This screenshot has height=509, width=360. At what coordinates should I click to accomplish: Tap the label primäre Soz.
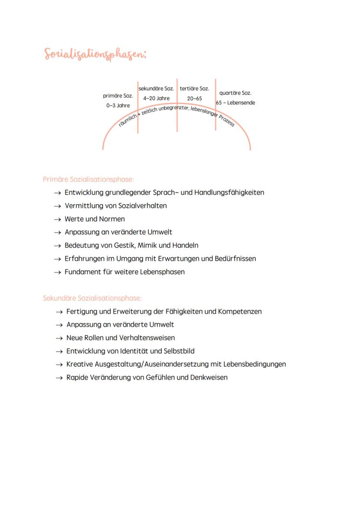pyautogui.click(x=118, y=96)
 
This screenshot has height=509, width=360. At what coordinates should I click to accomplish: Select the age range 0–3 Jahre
pyautogui.click(x=118, y=106)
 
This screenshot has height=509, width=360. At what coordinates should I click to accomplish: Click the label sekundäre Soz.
pyautogui.click(x=156, y=88)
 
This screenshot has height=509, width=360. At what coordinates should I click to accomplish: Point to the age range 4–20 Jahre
pyautogui.click(x=156, y=98)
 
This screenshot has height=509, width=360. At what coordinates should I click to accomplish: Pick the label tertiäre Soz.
pyautogui.click(x=194, y=88)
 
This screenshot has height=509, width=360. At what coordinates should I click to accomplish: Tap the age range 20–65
pyautogui.click(x=194, y=99)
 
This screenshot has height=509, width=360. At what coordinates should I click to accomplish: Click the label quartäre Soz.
pyautogui.click(x=235, y=93)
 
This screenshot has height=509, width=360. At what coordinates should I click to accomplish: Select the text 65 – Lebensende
pyautogui.click(x=236, y=103)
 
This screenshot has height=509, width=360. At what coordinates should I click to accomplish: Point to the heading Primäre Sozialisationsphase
pyautogui.click(x=88, y=179)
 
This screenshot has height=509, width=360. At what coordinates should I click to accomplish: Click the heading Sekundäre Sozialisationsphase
pyautogui.click(x=92, y=298)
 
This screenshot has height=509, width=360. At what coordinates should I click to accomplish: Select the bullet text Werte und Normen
pyautogui.click(x=94, y=219)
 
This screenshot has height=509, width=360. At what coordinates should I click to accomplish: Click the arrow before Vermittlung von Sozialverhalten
pyautogui.click(x=57, y=206)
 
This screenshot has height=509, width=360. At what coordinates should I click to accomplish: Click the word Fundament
pyautogui.click(x=82, y=272)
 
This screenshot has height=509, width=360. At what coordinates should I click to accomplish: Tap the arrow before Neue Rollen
pyautogui.click(x=59, y=338)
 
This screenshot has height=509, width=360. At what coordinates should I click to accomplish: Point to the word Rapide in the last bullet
pyautogui.click(x=77, y=377)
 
